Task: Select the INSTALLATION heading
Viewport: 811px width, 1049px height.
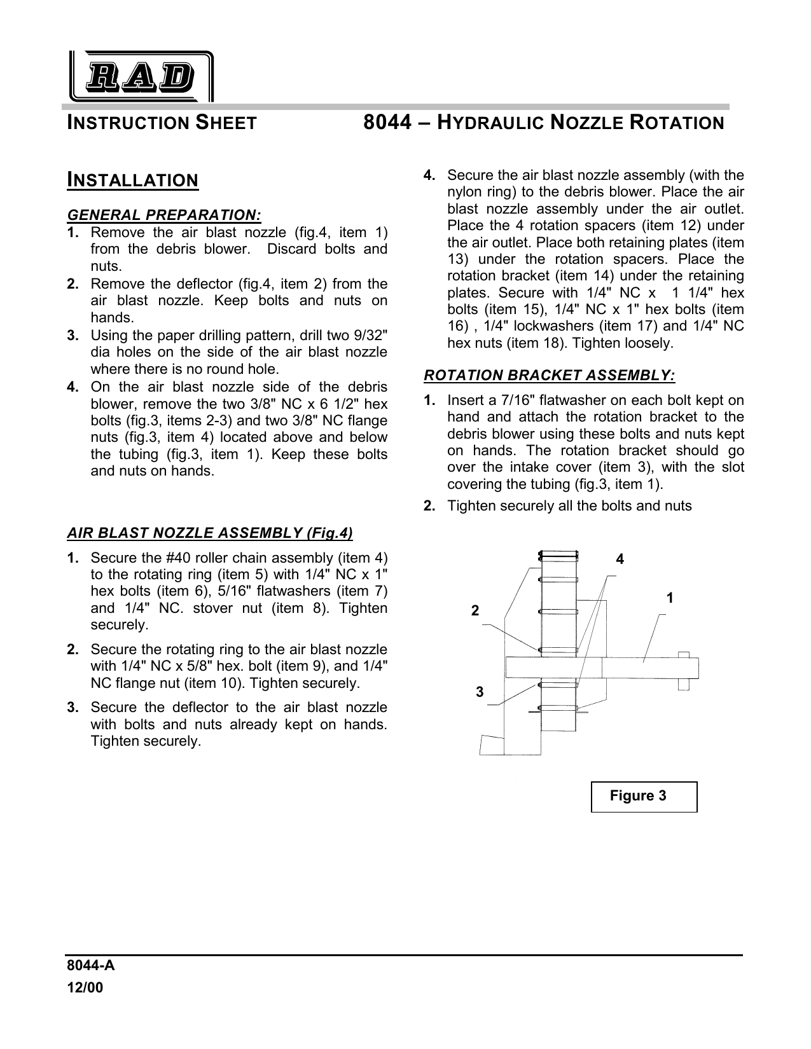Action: tap(133, 181)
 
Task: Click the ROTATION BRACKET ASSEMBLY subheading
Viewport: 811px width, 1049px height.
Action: tap(550, 375)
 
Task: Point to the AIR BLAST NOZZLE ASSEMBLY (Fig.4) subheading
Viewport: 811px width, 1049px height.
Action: tap(210, 532)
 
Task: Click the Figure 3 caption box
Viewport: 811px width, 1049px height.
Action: tap(644, 797)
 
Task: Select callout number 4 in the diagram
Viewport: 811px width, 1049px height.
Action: tap(620, 559)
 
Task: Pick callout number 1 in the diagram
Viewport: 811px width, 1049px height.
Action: tap(670, 598)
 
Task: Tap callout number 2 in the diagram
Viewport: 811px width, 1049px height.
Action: tap(475, 610)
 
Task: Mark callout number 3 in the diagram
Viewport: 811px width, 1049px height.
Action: tap(480, 692)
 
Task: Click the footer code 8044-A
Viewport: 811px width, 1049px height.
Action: tap(90, 966)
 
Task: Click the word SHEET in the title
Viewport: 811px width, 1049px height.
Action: tap(226, 123)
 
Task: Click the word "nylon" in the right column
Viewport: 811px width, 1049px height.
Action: tap(466, 192)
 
